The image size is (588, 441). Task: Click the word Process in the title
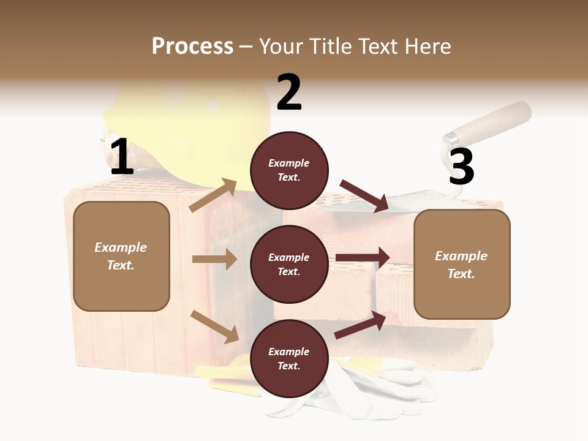[x=192, y=46]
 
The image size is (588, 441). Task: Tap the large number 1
[x=122, y=157]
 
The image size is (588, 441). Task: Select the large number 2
[x=289, y=92]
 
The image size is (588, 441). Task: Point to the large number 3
[x=461, y=167]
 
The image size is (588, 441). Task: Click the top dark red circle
[x=289, y=170]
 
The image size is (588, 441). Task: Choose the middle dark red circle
[x=289, y=264]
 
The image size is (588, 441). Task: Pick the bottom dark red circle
[x=289, y=358]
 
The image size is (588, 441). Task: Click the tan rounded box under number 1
[x=121, y=256]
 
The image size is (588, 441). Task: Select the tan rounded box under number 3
[x=462, y=265]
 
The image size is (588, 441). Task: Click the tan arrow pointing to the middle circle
[x=214, y=259]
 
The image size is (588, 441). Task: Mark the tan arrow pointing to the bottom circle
[x=214, y=326]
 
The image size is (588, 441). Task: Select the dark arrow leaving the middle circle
[x=363, y=258]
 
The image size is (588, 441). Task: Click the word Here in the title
[x=427, y=46]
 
